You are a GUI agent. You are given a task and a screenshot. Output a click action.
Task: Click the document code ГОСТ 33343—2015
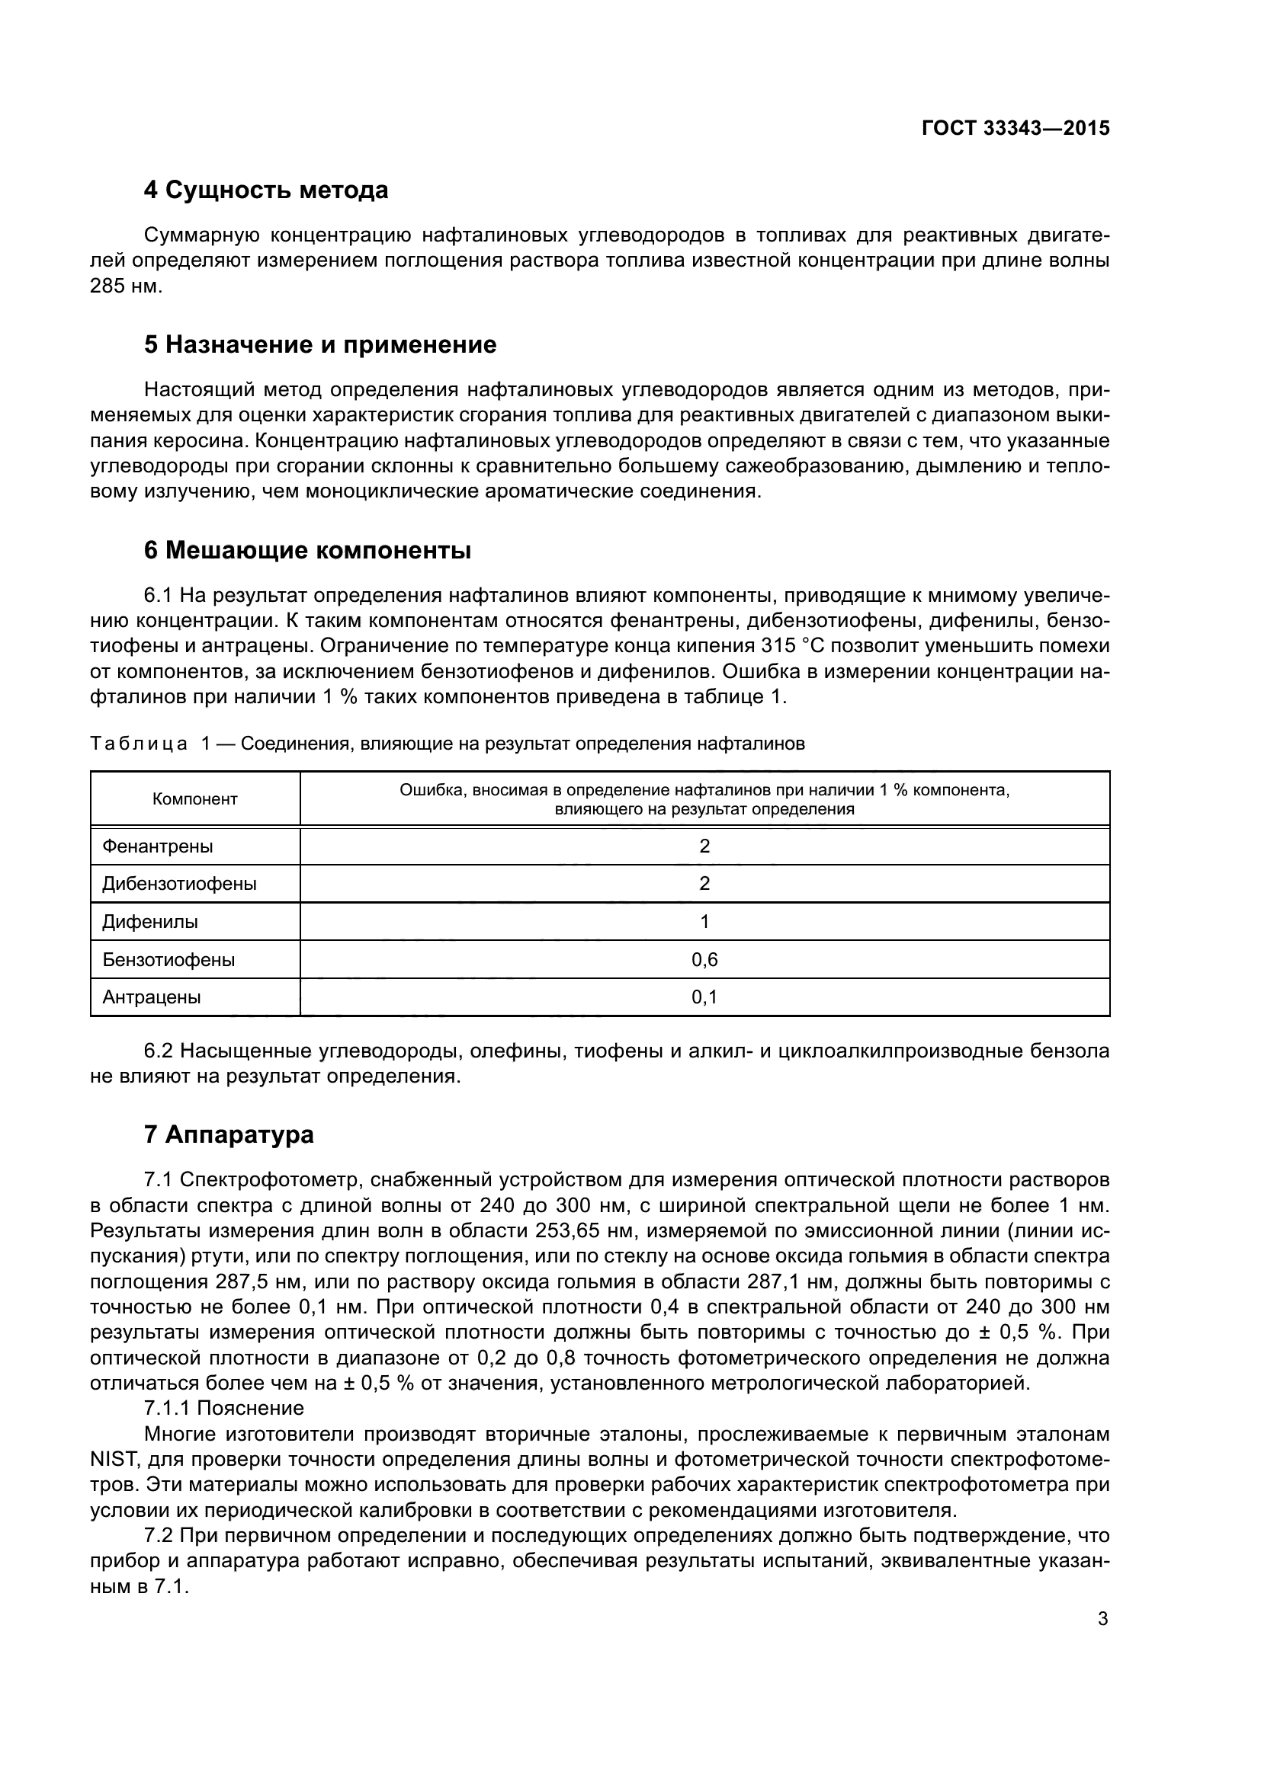[x=1016, y=129]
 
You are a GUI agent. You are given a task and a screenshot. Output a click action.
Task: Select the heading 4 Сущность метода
[x=265, y=190]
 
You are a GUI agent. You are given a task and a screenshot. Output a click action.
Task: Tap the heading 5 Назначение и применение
[x=320, y=344]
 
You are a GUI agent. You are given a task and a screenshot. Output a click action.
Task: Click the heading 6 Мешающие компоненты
[x=307, y=550]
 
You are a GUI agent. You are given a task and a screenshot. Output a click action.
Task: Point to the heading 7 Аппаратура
[x=229, y=1134]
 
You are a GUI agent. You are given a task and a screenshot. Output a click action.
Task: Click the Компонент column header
[x=195, y=799]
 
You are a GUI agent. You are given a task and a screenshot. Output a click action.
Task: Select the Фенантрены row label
[x=158, y=846]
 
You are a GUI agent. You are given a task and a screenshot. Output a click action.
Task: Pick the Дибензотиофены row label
[x=179, y=884]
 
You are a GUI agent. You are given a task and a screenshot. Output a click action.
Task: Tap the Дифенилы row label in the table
[x=150, y=922]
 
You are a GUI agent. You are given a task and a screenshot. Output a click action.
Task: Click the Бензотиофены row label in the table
[x=168, y=960]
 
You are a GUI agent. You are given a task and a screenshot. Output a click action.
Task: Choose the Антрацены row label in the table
[x=152, y=997]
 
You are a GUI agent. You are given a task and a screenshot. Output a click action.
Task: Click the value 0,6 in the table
[x=704, y=960]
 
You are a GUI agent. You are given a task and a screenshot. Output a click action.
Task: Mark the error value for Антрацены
[x=704, y=997]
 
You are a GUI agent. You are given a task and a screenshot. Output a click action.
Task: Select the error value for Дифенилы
[x=704, y=922]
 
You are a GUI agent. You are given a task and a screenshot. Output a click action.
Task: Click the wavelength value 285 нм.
[x=127, y=286]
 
